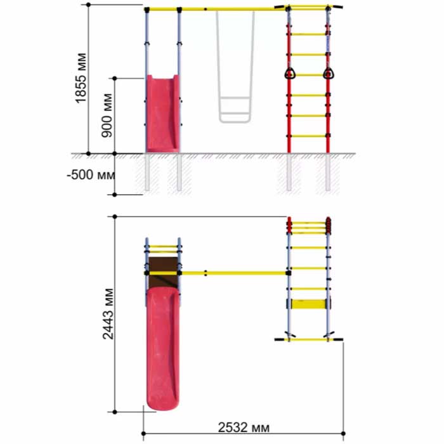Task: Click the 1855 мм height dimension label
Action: click(x=81, y=78)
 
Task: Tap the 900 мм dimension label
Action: click(x=107, y=115)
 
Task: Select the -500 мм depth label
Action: click(x=91, y=174)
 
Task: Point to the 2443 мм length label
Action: click(x=108, y=314)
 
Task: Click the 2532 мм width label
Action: click(x=244, y=428)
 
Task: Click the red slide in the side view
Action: click(x=162, y=114)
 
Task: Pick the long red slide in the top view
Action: click(x=162, y=348)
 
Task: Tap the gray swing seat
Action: click(x=235, y=110)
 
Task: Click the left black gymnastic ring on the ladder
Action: click(x=289, y=74)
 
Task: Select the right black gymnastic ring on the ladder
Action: click(x=328, y=74)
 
